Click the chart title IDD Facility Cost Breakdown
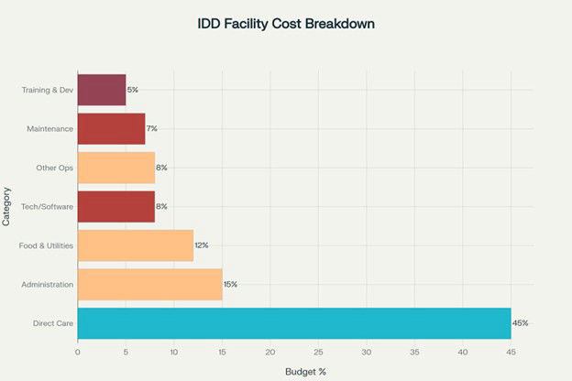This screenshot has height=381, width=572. pos(286,23)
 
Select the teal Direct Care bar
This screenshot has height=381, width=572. pos(293,323)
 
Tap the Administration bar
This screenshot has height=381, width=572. pos(149,284)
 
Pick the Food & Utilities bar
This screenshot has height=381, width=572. pos(135,245)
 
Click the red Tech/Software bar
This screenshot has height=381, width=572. pos(115,206)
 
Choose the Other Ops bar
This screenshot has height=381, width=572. pos(115,168)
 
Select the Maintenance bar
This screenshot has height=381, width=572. pos(111,128)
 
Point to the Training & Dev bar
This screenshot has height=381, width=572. pos(101,90)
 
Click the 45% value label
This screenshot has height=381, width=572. pos(520,323)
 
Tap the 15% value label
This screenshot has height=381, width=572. pos(230,284)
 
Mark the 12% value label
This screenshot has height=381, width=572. pos(201,245)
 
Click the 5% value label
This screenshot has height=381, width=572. pos(132,90)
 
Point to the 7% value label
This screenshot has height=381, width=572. pos(151,128)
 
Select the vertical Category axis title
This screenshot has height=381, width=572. pos(7,206)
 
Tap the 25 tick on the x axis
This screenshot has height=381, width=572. pos(318,351)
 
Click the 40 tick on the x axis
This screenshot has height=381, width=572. pos(463,351)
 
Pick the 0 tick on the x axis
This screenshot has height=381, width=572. pos(78,351)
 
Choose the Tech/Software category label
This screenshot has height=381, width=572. pos(48,206)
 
